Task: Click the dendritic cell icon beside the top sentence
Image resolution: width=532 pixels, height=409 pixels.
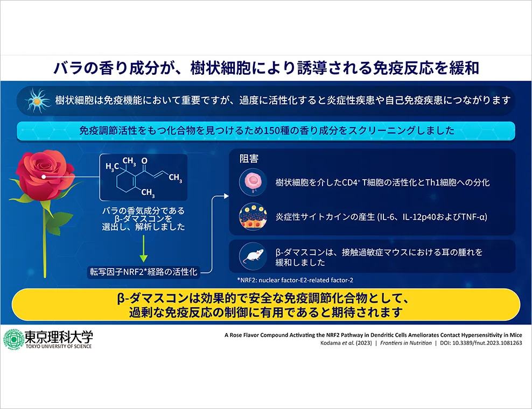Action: [x=37, y=101]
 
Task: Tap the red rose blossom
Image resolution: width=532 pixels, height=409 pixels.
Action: [x=45, y=175]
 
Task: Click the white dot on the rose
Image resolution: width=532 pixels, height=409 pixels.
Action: [x=44, y=177]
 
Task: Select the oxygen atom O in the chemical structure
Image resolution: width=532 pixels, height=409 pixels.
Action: [x=144, y=160]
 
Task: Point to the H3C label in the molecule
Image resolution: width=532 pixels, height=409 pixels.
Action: [x=112, y=166]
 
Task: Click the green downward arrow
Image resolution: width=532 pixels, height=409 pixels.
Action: [x=144, y=249]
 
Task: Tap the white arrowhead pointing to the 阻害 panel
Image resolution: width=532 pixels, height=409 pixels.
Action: [x=226, y=196]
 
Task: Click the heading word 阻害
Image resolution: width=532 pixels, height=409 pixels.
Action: [x=249, y=159]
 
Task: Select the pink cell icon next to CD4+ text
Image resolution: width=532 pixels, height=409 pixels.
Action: [x=253, y=182]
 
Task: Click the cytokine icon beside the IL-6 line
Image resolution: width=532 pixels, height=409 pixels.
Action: [x=253, y=217]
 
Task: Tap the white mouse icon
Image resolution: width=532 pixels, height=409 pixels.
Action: [x=253, y=256]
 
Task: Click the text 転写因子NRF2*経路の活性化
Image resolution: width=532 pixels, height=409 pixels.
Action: [x=143, y=272]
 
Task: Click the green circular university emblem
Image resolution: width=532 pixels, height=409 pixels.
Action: [x=13, y=339]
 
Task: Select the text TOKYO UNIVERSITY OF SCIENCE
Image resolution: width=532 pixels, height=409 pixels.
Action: [x=59, y=346]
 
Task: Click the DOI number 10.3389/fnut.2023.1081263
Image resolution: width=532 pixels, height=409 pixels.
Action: [x=487, y=343]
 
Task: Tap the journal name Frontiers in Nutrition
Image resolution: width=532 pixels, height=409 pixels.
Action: [x=406, y=343]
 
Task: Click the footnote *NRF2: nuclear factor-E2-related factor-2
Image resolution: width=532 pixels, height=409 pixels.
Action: [x=295, y=280]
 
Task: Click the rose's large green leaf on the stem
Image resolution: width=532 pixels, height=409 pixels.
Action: [x=58, y=222]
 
